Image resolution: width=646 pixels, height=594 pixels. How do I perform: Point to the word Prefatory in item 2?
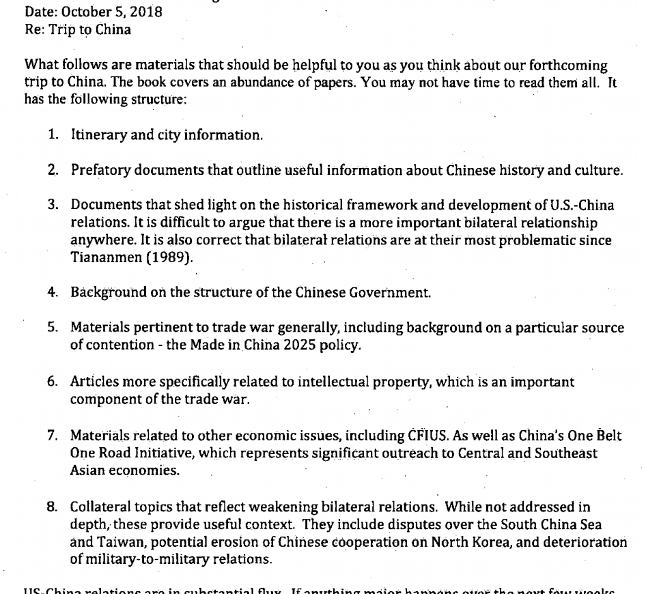98,170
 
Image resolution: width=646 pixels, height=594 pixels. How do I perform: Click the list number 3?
53,205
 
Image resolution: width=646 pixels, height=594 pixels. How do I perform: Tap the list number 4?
53,292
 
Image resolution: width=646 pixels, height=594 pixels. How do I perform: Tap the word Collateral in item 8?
99,507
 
